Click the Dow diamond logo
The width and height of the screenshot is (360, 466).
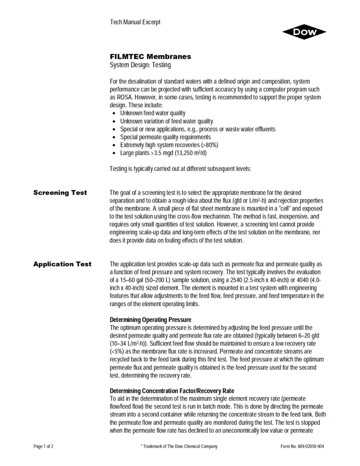(x=304, y=32)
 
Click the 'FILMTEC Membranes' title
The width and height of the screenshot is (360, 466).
(x=150, y=57)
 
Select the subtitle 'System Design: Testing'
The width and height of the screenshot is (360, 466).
(x=141, y=65)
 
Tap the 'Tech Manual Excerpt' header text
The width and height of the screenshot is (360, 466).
(x=135, y=23)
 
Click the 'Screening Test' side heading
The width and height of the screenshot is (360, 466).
(x=60, y=193)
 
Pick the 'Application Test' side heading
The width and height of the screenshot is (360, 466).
(x=62, y=264)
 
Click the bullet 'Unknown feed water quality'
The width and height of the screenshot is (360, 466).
(x=152, y=113)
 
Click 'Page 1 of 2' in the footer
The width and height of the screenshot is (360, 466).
(x=40, y=446)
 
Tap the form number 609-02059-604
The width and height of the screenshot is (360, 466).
(x=298, y=446)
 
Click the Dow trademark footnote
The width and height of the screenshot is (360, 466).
(x=175, y=446)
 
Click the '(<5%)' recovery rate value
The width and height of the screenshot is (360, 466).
(x=117, y=351)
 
